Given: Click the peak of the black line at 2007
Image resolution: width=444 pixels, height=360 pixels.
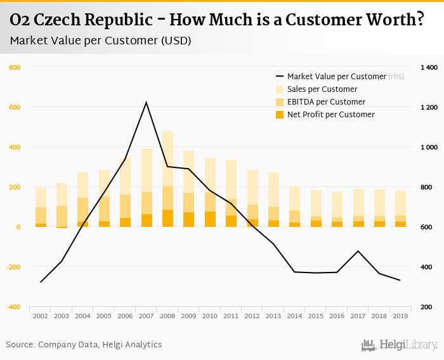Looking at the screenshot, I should point(147,102).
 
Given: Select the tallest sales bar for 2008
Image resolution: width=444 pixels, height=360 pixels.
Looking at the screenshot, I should point(167,158).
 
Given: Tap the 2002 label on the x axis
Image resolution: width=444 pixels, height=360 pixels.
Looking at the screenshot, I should point(41,315).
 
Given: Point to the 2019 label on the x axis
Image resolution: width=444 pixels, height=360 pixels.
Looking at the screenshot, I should point(400,315).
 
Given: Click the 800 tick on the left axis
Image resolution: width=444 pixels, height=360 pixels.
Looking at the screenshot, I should point(15,67).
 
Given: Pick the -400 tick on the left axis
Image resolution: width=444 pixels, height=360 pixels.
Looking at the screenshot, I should point(13,307).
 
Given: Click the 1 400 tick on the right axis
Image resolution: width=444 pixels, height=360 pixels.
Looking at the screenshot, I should point(429,67).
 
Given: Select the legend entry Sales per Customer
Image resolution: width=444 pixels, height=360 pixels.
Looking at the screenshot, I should point(322,89).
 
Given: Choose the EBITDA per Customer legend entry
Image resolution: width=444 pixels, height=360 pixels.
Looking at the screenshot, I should point(326,102).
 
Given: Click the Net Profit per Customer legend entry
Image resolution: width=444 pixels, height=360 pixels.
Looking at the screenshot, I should point(330,115).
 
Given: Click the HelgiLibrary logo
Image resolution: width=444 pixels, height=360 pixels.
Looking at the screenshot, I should point(399,345).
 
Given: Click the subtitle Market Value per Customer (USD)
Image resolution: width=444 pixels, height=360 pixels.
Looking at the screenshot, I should point(100,41).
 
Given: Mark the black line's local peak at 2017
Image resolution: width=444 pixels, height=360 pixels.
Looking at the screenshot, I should point(358,251).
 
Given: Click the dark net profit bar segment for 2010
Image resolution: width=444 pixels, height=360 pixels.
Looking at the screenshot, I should point(210,219).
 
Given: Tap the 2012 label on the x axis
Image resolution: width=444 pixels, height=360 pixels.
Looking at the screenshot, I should point(252,315).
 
